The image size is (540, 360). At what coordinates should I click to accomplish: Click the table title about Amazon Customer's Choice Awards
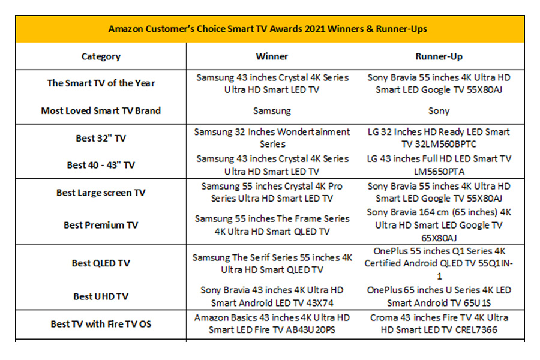point(268,29)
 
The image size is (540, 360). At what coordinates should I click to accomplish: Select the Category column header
point(101,56)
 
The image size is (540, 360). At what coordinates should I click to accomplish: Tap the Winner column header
point(272,56)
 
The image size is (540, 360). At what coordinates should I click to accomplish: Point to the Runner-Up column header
point(439,56)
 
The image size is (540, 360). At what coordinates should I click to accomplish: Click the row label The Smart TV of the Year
point(101,83)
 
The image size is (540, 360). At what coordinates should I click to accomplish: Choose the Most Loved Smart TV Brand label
point(101,110)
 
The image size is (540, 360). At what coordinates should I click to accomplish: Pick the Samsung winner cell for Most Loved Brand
point(272,111)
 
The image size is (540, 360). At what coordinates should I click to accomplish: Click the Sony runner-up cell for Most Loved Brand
point(439,111)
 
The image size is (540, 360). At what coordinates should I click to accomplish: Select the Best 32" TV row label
point(101,138)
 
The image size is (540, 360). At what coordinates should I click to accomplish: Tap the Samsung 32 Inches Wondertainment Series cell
point(272,138)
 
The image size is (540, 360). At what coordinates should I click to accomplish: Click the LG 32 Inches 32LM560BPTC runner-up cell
point(439,138)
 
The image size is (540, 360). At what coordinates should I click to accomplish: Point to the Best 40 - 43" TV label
point(101,165)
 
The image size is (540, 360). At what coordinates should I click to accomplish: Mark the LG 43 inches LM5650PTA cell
point(439,165)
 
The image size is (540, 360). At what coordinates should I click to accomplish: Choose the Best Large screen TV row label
point(101,193)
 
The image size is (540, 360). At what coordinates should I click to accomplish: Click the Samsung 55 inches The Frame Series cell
point(272,225)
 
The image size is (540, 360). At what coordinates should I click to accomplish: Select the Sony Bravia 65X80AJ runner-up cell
point(439,225)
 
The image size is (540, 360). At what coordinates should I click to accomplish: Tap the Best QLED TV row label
point(101,263)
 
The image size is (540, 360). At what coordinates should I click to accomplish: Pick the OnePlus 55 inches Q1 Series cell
point(439,263)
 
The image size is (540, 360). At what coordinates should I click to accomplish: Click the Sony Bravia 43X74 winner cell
point(272,296)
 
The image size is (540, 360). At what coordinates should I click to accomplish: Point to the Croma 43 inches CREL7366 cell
point(439,323)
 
